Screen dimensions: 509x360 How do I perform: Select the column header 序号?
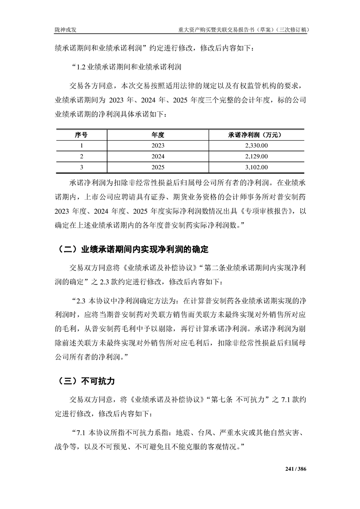pos(81,135)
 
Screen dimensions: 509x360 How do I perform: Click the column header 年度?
pos(158,135)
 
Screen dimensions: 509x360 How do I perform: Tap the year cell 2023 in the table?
pos(158,146)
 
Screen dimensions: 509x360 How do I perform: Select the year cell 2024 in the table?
pos(158,157)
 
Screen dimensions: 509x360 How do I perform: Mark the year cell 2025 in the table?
pos(158,167)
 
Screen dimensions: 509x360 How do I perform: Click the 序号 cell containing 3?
pos(81,167)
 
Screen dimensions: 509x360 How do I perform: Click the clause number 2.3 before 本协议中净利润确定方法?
pos(81,300)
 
